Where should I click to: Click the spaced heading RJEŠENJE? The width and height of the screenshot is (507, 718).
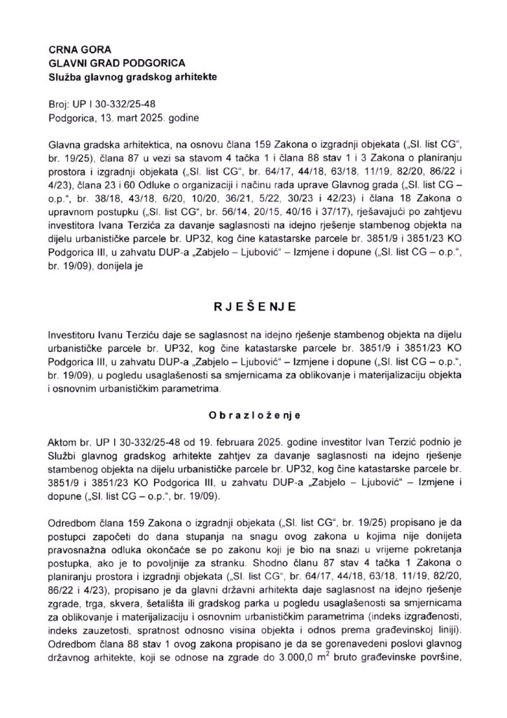[253, 307]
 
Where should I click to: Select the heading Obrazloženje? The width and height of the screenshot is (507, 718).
[253, 416]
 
